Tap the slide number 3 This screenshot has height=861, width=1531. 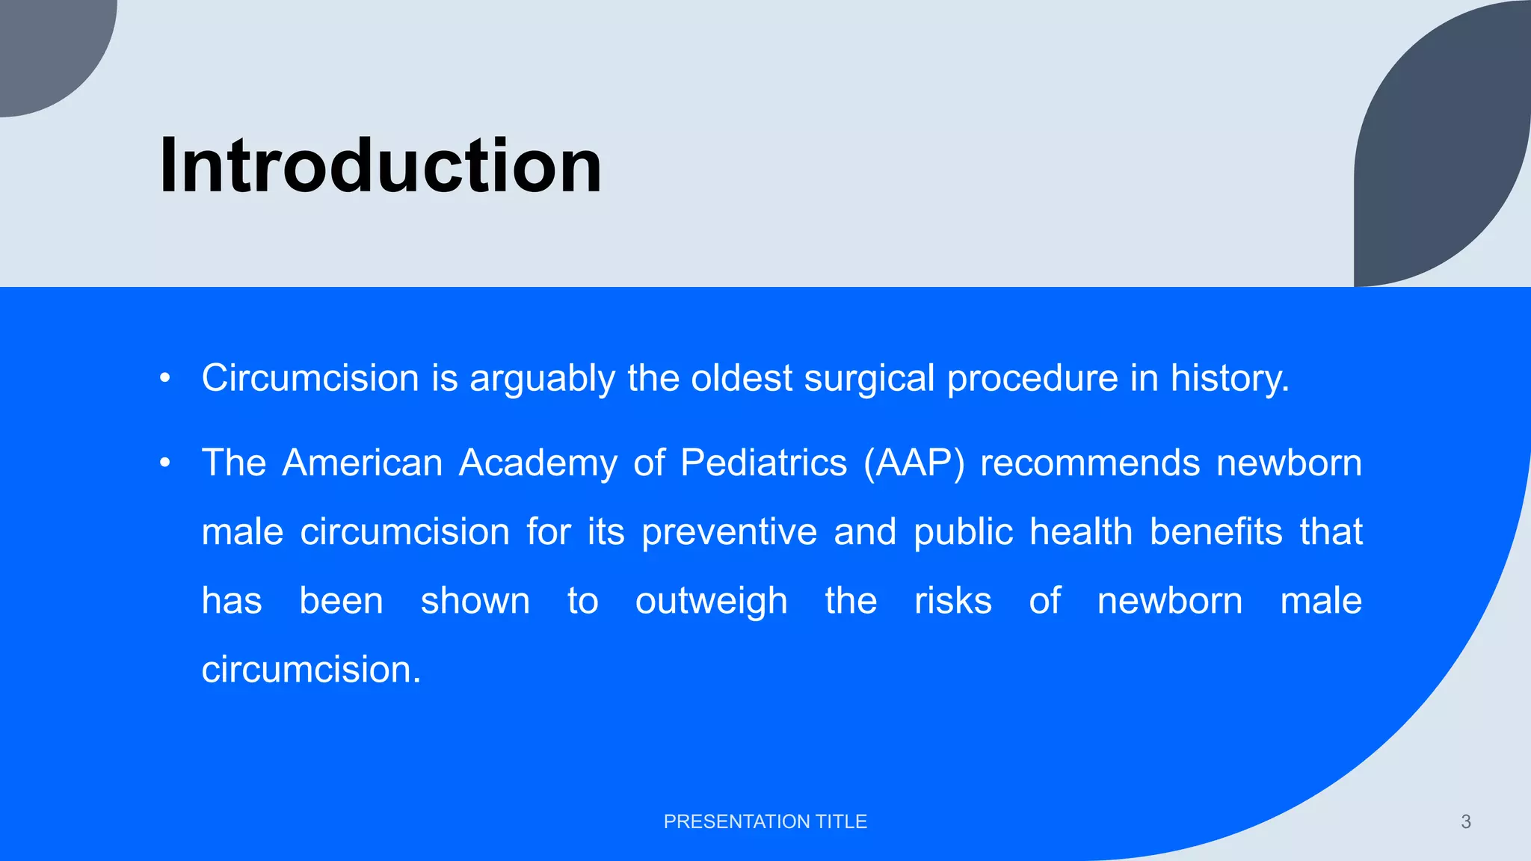pyautogui.click(x=1465, y=821)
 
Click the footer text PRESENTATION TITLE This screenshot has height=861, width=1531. pyautogui.click(x=765, y=821)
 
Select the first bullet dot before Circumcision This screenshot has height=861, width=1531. pyautogui.click(x=165, y=378)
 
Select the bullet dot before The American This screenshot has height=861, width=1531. pyautogui.click(x=165, y=463)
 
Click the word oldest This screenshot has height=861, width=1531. pyautogui.click(x=741, y=378)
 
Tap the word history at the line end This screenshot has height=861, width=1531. pyautogui.click(x=1229, y=378)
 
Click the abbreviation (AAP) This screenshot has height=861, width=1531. pyautogui.click(x=914, y=463)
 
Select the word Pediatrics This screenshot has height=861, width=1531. pyautogui.click(x=763, y=463)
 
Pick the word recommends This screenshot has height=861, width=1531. pyautogui.click(x=1089, y=463)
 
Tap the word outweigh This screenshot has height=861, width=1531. pyautogui.click(x=711, y=602)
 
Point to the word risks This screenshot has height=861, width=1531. pyautogui.click(x=952, y=602)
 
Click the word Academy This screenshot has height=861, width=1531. pyautogui.click(x=537, y=463)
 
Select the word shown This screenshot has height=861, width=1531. pyautogui.click(x=475, y=602)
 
